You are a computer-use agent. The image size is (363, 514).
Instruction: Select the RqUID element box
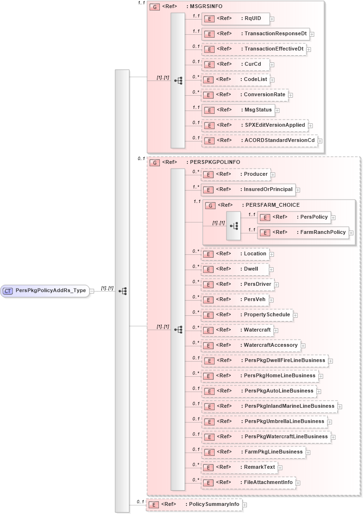tap(235, 19)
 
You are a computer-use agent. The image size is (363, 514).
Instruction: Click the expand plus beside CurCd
tap(272, 64)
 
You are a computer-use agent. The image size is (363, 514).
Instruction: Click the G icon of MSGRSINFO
tap(154, 7)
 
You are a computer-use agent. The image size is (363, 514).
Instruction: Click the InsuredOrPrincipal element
tap(247, 190)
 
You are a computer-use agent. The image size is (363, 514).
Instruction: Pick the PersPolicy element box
tap(294, 217)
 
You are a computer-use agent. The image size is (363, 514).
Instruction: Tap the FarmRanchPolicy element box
tap(303, 232)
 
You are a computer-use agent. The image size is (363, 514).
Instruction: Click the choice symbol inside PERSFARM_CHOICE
tap(234, 225)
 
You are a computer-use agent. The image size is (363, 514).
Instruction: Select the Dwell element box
tap(235, 269)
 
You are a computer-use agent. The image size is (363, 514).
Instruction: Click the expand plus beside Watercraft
tap(275, 330)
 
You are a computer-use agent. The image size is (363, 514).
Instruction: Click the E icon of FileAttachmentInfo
tap(207, 483)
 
